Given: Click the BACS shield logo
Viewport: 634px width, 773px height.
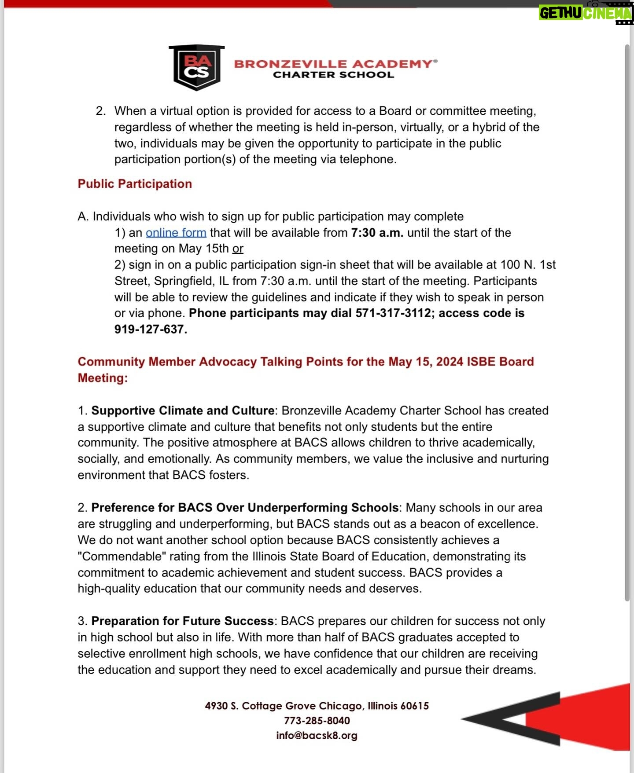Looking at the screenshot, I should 196,67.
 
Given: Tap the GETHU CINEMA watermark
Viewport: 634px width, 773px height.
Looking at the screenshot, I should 586,13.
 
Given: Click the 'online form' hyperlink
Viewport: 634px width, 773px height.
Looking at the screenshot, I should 176,233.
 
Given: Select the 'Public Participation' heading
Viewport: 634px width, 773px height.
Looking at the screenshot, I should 135,184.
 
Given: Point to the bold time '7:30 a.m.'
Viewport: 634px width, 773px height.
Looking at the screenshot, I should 377,233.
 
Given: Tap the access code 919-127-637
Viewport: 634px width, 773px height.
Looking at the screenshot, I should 150,330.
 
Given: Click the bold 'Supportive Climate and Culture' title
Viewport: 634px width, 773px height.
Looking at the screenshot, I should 183,410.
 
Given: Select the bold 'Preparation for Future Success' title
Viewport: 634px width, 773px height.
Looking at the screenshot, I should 182,621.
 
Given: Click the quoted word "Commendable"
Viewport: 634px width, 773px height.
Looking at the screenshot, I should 122,557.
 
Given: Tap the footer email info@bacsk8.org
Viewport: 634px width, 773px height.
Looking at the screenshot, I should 317,736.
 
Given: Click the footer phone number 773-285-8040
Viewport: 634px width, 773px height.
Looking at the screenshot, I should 317,721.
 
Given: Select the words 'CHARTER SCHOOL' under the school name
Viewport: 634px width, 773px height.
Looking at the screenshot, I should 333,75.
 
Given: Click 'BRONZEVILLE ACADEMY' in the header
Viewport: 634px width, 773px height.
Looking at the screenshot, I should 333,64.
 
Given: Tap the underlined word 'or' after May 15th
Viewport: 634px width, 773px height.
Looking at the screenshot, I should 238,249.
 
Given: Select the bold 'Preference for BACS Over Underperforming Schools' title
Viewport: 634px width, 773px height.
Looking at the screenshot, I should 245,508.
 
